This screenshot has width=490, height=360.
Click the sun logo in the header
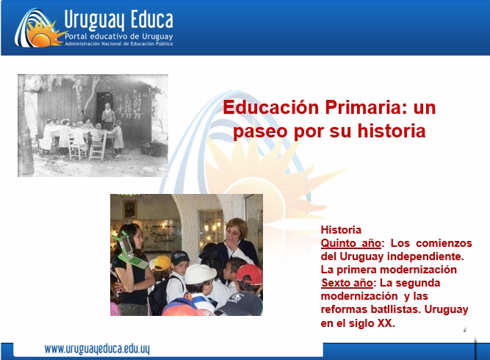coord(40,29)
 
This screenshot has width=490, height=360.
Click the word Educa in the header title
coord(151,20)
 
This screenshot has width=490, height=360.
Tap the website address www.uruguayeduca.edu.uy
coord(97,349)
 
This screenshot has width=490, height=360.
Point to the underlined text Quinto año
coord(351,243)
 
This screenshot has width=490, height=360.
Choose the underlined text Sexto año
coord(347,283)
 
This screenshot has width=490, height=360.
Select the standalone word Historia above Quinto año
coord(341,230)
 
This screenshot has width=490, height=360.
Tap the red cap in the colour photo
coord(249,274)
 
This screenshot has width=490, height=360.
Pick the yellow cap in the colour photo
coord(161,263)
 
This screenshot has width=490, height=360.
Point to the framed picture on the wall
coord(130,209)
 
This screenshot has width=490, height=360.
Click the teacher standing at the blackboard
coord(108,116)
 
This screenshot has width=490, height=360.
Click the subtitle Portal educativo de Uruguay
coord(119,36)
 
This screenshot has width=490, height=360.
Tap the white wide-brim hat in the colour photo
coord(201,274)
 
